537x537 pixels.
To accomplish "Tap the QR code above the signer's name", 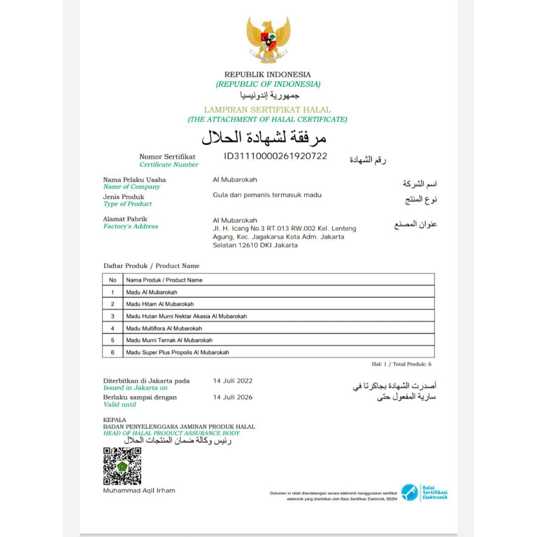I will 122,466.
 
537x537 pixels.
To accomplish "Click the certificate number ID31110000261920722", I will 276,156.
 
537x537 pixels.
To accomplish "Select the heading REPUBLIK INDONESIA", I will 267,74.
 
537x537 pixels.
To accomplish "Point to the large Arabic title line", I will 264,137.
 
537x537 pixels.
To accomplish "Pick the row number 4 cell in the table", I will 112,328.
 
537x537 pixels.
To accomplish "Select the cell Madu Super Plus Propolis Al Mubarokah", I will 178,352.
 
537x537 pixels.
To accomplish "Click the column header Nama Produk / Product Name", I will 164,280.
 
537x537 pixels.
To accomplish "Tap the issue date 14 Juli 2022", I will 232,381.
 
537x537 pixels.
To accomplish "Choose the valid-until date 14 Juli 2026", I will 232,397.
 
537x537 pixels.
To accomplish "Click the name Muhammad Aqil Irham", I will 139,490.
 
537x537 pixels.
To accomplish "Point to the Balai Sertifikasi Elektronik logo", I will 424,492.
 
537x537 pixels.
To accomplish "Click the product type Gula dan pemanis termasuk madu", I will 267,195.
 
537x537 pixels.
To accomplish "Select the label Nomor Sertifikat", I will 167,157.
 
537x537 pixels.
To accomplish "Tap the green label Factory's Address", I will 131,227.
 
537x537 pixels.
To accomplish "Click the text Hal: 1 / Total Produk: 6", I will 402,364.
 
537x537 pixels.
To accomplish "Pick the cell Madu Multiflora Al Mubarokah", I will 164,328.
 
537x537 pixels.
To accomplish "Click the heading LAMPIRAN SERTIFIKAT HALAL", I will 267,110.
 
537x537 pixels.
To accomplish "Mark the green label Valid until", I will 120,405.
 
